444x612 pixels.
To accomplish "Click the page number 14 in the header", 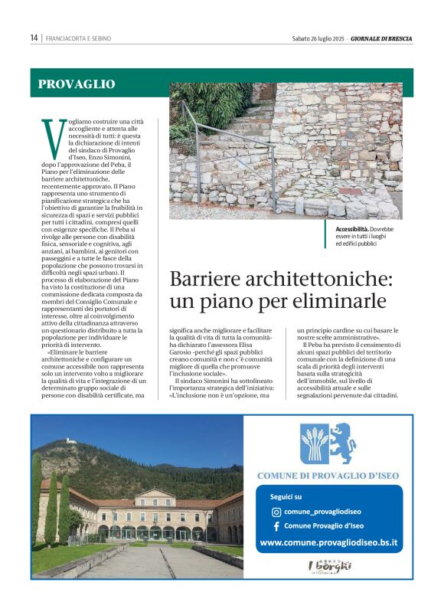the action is click(34, 38).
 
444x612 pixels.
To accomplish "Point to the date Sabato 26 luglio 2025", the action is click(317, 38).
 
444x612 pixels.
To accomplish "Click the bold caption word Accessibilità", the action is click(352, 229).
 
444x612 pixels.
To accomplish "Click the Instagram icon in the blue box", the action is click(276, 512).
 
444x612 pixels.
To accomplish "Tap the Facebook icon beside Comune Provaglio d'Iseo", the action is click(276, 526).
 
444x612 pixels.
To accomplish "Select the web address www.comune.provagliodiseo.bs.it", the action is click(329, 543).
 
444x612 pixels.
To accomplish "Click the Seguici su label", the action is click(286, 496).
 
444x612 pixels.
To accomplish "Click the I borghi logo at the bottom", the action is click(329, 568).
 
